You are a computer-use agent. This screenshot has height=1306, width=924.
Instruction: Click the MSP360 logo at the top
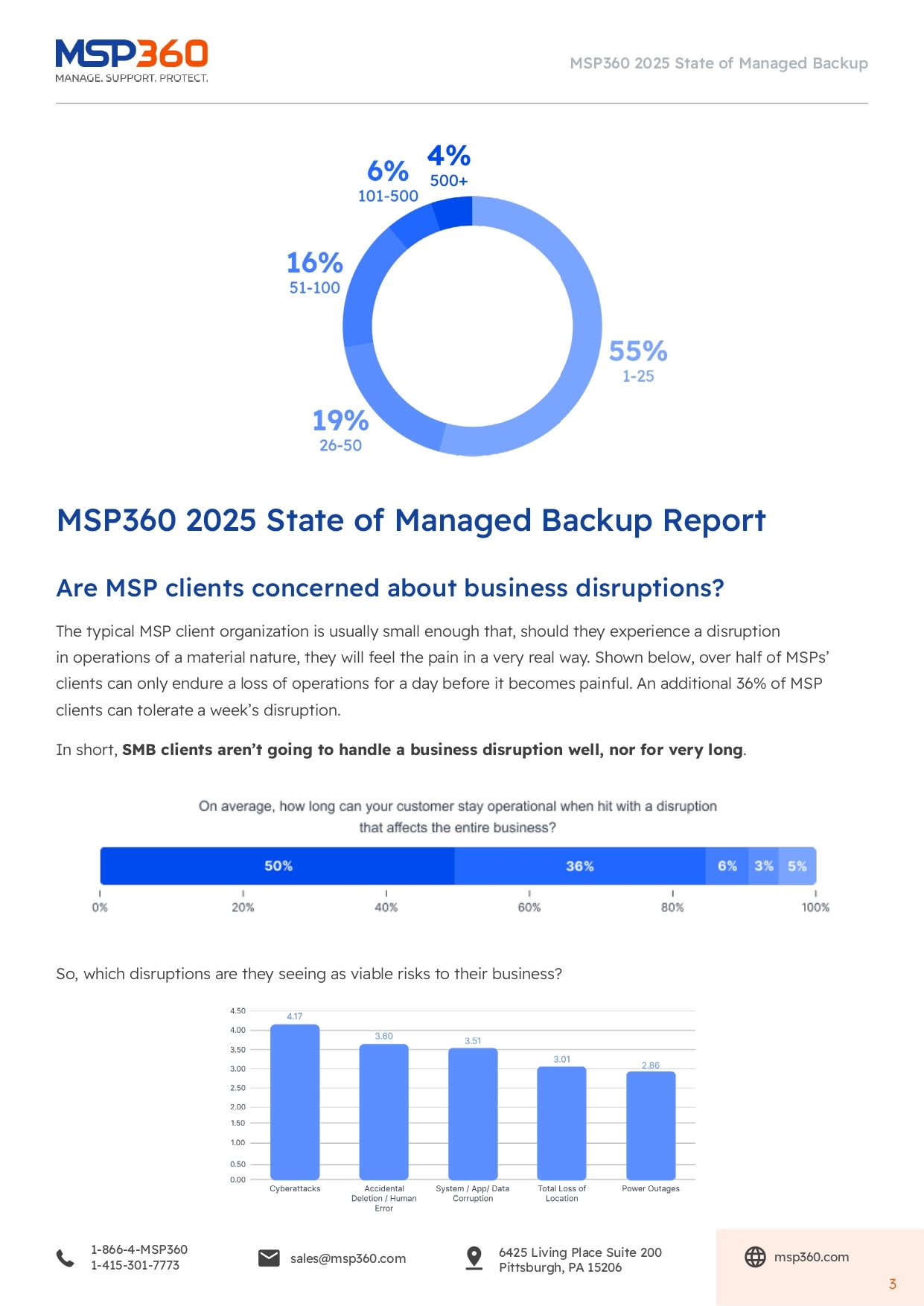[x=132, y=60]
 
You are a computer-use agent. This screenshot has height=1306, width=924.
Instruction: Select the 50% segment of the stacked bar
[x=278, y=866]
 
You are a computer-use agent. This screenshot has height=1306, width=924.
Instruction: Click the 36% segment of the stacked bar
[x=579, y=866]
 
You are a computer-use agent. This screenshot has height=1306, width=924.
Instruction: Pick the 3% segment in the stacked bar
[x=764, y=866]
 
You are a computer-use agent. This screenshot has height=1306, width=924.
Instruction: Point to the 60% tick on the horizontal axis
[x=529, y=907]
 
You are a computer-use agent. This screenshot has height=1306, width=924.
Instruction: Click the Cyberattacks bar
[x=295, y=1102]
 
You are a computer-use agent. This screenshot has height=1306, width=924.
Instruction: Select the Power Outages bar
[x=651, y=1125]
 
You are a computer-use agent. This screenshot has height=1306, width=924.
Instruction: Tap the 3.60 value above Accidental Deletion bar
[x=383, y=1036]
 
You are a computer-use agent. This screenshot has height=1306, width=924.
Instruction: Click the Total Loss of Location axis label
[x=561, y=1194]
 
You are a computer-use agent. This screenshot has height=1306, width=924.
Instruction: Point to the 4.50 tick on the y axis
[x=238, y=1011]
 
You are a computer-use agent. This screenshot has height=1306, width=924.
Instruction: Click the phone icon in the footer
[x=66, y=1258]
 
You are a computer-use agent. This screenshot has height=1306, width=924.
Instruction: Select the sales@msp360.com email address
[x=348, y=1258]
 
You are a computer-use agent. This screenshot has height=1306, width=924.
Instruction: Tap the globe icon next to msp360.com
[x=755, y=1257]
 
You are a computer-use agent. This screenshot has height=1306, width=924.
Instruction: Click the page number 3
[x=892, y=1284]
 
